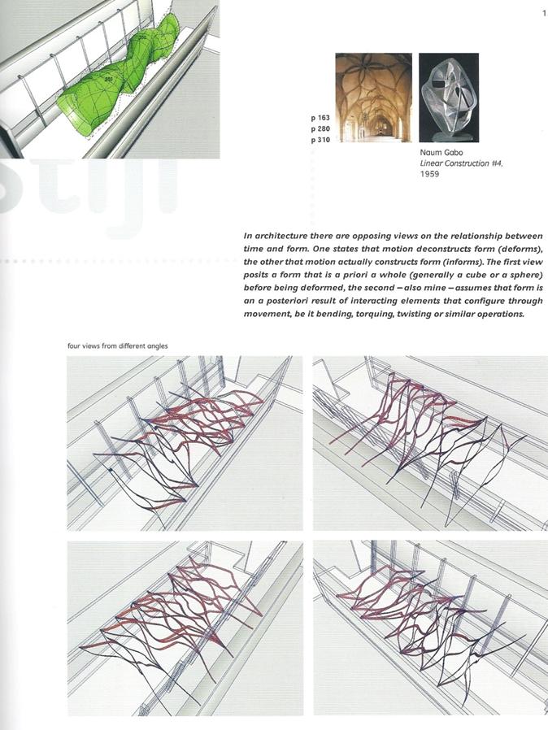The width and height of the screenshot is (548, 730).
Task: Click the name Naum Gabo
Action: [x=439, y=152]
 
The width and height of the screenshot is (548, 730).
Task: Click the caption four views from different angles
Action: [x=117, y=346]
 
